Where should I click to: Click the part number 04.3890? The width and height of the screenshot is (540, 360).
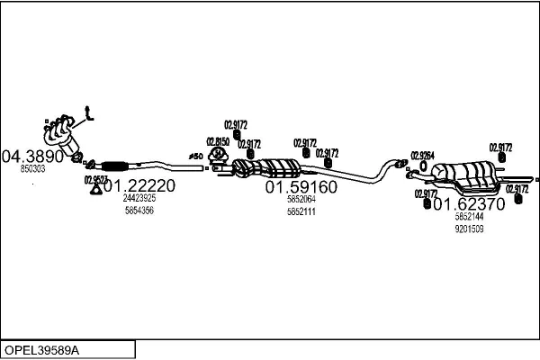pos(34,156)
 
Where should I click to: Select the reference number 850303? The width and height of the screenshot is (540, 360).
pos(32,168)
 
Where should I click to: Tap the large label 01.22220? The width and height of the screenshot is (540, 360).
pos(139,186)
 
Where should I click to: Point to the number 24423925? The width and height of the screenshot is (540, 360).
pos(139,198)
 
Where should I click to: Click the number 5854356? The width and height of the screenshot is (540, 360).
pos(139,210)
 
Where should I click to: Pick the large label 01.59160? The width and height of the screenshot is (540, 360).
pos(301,187)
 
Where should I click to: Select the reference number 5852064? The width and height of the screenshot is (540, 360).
pos(301,199)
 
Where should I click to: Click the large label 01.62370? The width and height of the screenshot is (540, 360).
pos(469,204)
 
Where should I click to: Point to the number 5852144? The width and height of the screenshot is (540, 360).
pos(469,217)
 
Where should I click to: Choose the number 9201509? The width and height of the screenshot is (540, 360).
pos(469,229)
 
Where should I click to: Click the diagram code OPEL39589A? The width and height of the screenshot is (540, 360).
pos(42,349)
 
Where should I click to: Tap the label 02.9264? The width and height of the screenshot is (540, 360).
pos(423,156)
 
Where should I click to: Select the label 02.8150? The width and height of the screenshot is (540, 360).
pos(218,141)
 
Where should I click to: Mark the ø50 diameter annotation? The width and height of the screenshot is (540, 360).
pos(195,157)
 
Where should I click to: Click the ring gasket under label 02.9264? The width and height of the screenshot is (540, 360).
pos(423,166)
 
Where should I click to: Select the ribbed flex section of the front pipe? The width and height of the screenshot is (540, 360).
pos(115,165)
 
